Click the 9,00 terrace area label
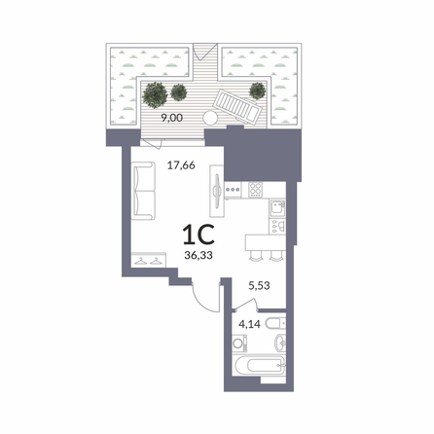point(172,118)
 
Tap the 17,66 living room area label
point(181,165)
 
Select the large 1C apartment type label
point(199,235)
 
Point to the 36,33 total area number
point(199,256)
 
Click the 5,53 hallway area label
point(259,286)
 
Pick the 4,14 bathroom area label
point(249,324)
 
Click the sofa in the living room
point(143,191)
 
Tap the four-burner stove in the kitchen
point(256,189)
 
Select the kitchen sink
point(277,208)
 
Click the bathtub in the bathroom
point(259,366)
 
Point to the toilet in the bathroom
point(275,323)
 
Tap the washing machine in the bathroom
point(240,344)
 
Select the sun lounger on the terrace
point(236,106)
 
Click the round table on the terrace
point(210,118)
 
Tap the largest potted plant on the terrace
point(155,94)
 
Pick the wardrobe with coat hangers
point(149,260)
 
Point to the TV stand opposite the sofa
point(217,191)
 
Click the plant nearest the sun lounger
point(258,90)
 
